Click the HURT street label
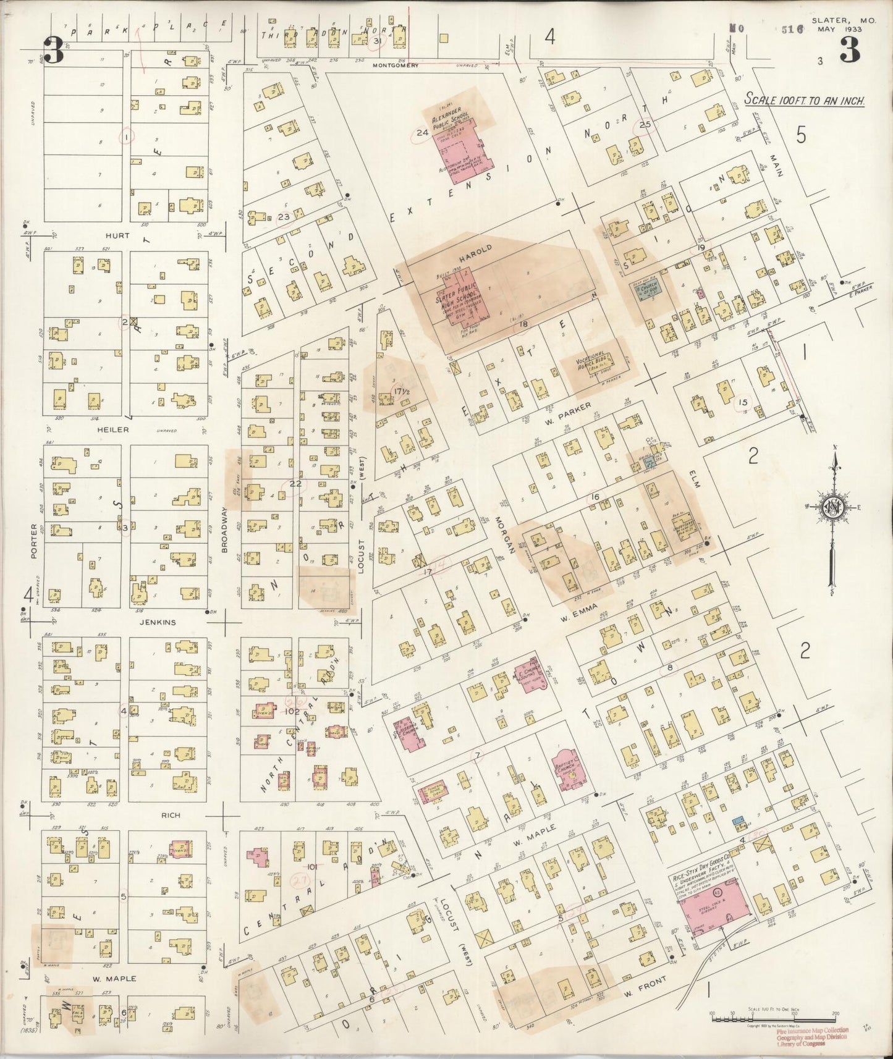pyautogui.click(x=117, y=235)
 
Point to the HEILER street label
pyautogui.click(x=117, y=429)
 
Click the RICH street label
pyautogui.click(x=171, y=815)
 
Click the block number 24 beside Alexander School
pyautogui.click(x=422, y=132)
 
